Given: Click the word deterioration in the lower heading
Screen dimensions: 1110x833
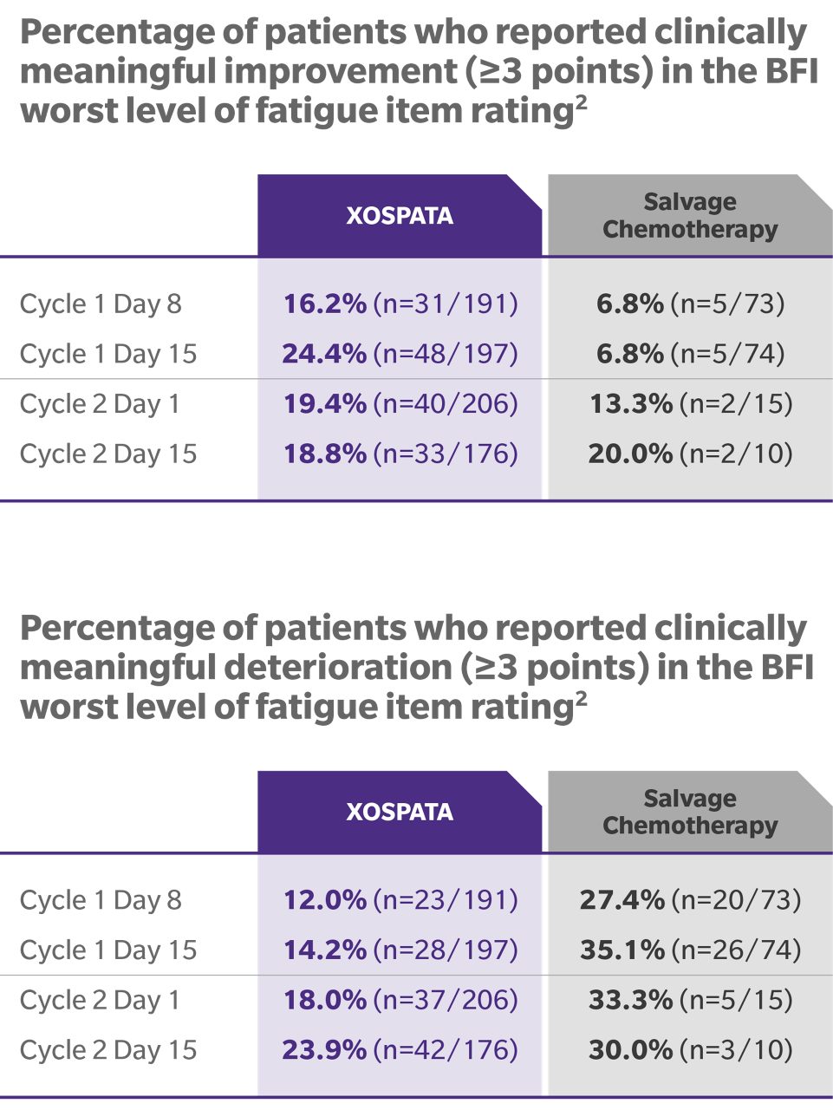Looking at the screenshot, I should pos(337,668).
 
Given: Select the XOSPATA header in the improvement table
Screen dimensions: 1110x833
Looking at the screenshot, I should pos(400,215).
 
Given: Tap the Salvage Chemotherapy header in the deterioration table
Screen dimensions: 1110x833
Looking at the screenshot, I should pos(690,812).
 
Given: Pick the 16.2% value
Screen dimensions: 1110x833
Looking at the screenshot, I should pos(325,304).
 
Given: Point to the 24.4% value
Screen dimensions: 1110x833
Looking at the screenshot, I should pos(324,354).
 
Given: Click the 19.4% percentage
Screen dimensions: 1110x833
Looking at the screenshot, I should pos(325,403).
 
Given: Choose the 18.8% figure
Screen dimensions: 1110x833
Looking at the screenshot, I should pos(325,454).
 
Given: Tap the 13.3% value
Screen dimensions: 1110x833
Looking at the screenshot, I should pos(630,403).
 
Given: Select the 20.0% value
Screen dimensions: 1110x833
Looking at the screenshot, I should pos(630,454).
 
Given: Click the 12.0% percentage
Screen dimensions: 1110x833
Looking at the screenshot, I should pos(325,900).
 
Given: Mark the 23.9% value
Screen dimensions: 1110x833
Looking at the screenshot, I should pos(324,1050).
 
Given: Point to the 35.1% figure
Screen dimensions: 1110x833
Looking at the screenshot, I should pos(622,950).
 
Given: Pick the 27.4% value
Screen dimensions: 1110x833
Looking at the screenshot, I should pos(622,900).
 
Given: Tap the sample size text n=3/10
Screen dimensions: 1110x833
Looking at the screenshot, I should pos(736,1050).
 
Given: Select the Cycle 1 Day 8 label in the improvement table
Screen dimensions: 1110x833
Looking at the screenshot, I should pos(101,304).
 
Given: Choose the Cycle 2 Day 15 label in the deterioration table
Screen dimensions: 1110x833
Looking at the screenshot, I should pos(108,1050).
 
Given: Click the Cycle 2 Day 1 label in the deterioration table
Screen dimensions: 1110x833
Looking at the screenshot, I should pos(100,1000).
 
